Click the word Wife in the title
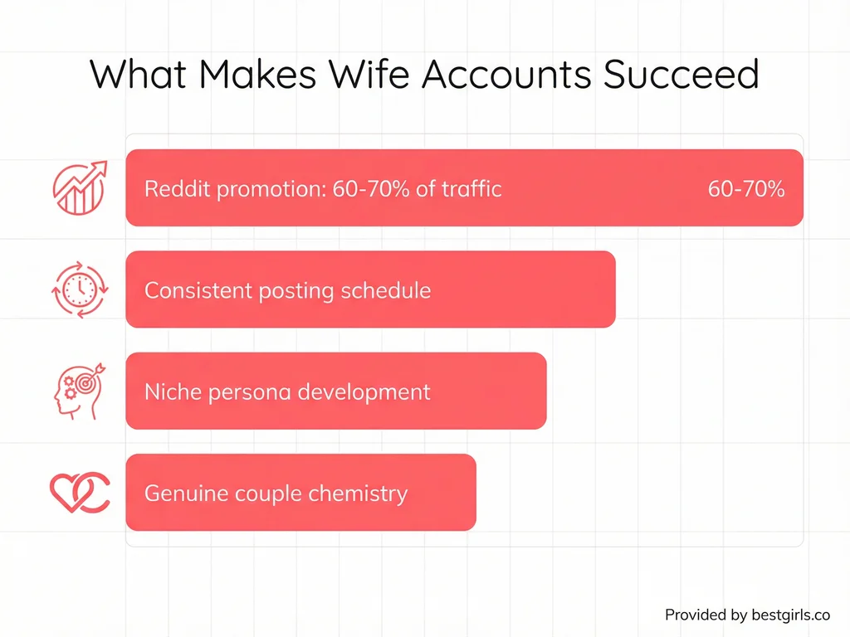point(369,74)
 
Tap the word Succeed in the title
point(680,74)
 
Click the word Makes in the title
point(257,74)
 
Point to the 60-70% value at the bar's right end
point(745,188)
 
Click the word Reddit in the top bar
point(178,188)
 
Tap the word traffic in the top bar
point(472,188)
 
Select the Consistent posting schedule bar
point(370,289)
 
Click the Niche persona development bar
point(335,391)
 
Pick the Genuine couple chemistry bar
point(300,493)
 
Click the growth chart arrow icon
point(79,187)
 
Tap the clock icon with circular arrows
point(79,289)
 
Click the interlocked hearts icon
point(79,493)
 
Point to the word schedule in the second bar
point(390,291)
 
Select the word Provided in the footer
point(695,615)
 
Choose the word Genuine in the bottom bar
point(175,494)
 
